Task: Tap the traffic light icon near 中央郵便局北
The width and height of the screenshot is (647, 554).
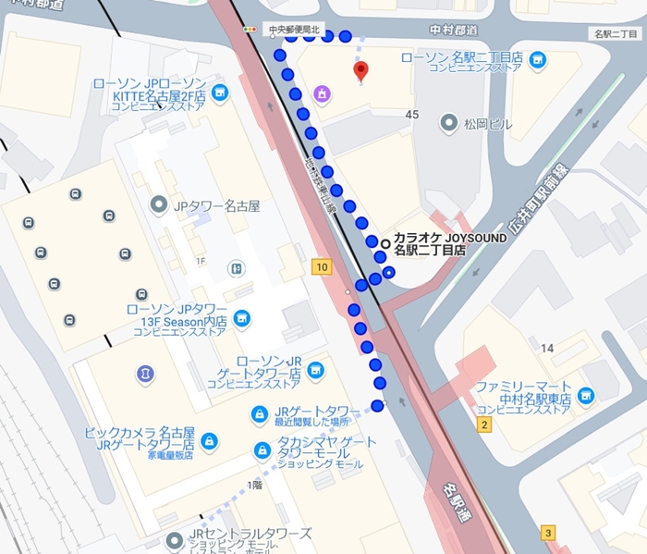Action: click(249, 31)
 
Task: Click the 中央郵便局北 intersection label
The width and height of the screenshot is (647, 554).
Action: click(292, 31)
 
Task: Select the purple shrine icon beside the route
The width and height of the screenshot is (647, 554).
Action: click(322, 93)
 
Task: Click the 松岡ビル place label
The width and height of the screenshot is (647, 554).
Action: click(488, 122)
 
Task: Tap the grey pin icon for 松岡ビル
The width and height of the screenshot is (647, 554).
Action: click(450, 122)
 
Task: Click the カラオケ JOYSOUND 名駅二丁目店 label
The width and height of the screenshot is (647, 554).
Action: click(450, 244)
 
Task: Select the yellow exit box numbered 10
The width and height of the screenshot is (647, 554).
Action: click(322, 268)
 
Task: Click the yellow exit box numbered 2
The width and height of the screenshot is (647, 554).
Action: click(483, 425)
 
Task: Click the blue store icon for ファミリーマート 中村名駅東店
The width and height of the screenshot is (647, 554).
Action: click(586, 397)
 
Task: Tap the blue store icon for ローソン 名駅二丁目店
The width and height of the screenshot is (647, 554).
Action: click(538, 62)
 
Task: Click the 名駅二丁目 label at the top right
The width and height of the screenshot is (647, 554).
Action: click(616, 34)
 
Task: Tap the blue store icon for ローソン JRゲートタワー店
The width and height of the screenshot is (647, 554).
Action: click(316, 372)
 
